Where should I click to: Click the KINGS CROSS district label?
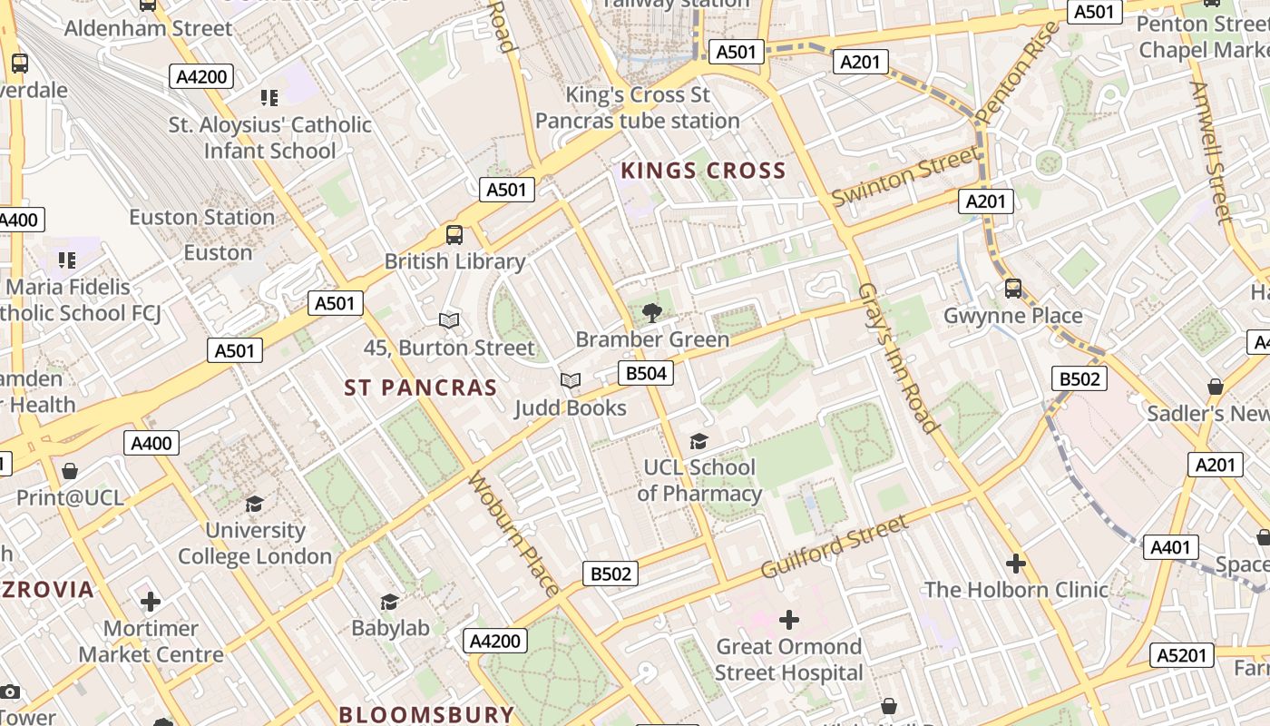703,171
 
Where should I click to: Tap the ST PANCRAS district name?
421,388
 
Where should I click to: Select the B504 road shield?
646,373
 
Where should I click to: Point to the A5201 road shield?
1182,655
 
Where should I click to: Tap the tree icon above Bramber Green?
651,314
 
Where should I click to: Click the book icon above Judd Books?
571,381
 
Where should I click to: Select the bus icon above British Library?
454,235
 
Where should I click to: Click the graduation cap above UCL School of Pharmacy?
698,442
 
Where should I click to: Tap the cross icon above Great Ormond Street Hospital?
789,620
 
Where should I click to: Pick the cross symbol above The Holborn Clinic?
1016,564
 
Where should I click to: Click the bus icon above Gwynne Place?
1013,289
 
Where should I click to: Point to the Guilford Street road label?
835,546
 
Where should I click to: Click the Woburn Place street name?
513,533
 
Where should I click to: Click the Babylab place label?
390,628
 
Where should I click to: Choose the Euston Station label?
201,218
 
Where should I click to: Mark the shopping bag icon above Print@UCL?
70,471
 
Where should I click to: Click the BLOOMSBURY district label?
426,714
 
